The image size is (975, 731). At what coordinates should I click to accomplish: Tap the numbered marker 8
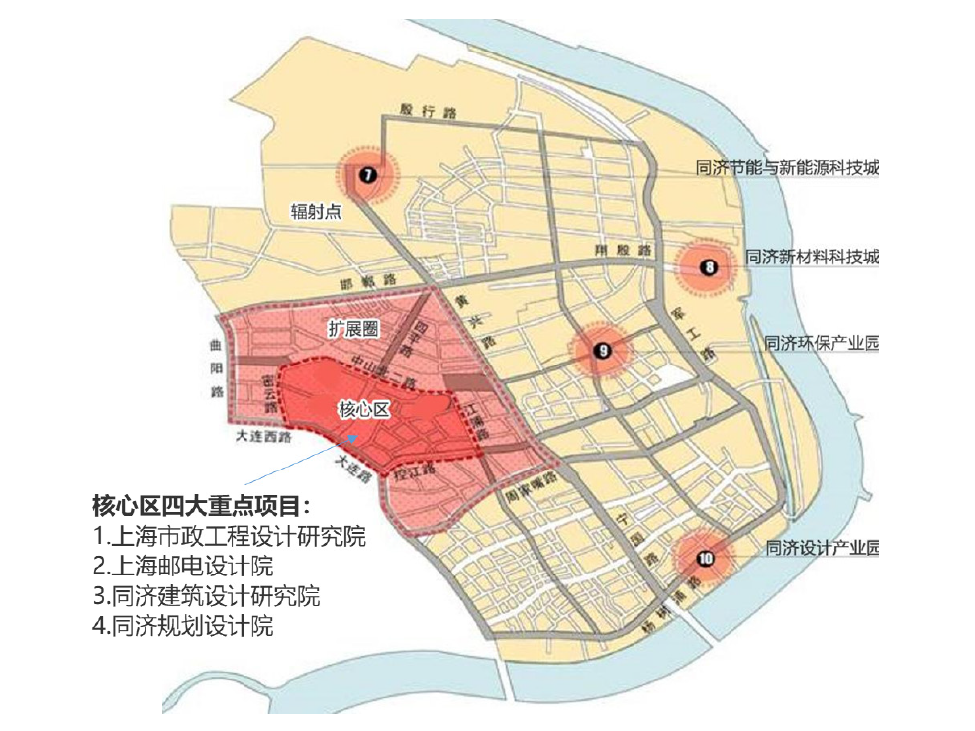708,265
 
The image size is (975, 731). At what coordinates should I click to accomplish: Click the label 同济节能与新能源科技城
788,168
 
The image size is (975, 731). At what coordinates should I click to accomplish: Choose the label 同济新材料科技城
812,257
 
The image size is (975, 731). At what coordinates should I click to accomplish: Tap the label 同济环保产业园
822,344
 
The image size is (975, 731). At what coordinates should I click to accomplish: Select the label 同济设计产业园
822,548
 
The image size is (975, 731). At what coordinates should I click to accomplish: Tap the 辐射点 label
315,212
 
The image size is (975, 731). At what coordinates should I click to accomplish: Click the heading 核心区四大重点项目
201,505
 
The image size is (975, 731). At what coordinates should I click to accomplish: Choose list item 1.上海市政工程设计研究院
229,537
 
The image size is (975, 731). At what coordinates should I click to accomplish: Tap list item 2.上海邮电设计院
183,567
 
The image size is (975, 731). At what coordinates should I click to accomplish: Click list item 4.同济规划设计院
183,626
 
